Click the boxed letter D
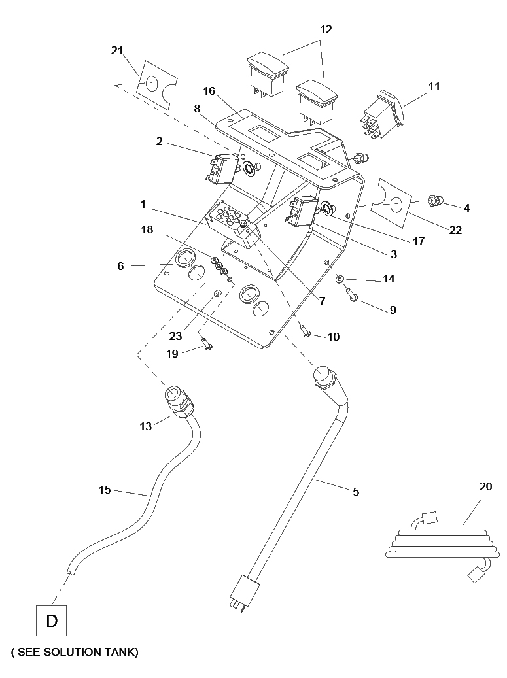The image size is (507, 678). [x=52, y=621]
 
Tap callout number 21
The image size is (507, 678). [x=117, y=50]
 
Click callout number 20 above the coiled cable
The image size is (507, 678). [x=486, y=486]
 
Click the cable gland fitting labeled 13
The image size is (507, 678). [x=178, y=401]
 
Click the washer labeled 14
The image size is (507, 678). [x=340, y=279]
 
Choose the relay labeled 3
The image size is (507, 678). [x=300, y=211]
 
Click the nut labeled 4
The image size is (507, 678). [x=434, y=201]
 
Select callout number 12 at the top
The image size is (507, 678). [x=326, y=29]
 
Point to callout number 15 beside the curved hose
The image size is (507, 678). [x=105, y=490]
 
